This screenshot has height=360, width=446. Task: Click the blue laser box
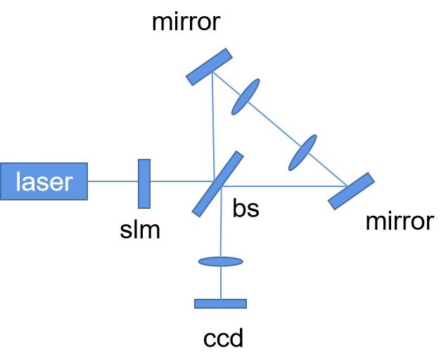point(44,181)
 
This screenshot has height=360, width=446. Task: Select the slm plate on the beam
point(144,184)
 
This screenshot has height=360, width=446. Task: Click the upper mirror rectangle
point(210,66)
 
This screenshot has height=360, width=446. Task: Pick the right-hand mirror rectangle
point(351,191)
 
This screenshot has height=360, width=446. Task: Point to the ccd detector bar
point(221,304)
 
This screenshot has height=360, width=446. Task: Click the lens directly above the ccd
point(221,262)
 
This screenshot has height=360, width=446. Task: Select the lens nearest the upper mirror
point(245,96)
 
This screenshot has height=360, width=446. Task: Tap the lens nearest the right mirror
point(302,154)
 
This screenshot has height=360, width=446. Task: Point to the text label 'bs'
point(246,209)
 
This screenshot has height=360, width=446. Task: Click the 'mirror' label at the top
point(186,23)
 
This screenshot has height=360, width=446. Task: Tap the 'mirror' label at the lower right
point(400,223)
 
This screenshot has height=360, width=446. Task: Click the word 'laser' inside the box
point(44,181)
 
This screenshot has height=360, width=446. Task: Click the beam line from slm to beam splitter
point(176,182)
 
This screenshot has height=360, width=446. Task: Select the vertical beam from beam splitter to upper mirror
point(212,127)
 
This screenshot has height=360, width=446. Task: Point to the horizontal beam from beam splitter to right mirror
point(281,186)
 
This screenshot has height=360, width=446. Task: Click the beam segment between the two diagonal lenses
point(274,125)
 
